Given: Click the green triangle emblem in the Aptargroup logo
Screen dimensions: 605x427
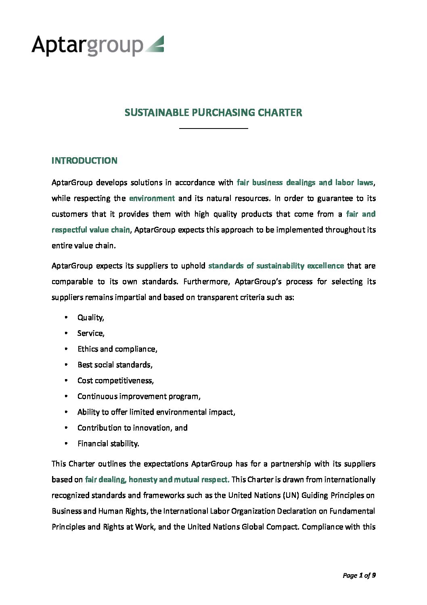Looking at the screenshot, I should pyautogui.click(x=155, y=44).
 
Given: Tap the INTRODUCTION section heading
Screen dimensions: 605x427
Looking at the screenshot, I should pyautogui.click(x=84, y=160).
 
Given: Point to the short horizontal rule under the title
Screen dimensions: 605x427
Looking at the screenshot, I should pyautogui.click(x=213, y=129).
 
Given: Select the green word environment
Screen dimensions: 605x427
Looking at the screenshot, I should pyautogui.click(x=152, y=198).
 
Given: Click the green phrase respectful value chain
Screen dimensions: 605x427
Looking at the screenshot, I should pyautogui.click(x=91, y=230).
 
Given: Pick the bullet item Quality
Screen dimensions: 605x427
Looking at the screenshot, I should pyautogui.click(x=91, y=317).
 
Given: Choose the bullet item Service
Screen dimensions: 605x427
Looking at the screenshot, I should pyautogui.click(x=91, y=333).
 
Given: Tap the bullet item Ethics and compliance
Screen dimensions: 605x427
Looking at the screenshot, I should pyautogui.click(x=117, y=349).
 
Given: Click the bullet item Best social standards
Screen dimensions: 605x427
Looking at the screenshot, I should pyautogui.click(x=115, y=365).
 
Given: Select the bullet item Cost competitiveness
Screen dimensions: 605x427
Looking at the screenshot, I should pyautogui.click(x=115, y=380).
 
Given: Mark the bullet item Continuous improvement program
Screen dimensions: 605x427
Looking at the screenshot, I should pyautogui.click(x=139, y=396).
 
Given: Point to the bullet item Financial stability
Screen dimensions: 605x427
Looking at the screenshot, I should pyautogui.click(x=108, y=443).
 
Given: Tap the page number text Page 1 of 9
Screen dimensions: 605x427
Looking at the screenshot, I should pyautogui.click(x=359, y=575).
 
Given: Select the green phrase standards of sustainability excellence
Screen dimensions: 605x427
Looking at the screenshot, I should pyautogui.click(x=276, y=266).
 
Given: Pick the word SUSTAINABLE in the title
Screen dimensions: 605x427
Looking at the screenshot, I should pyautogui.click(x=157, y=112).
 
